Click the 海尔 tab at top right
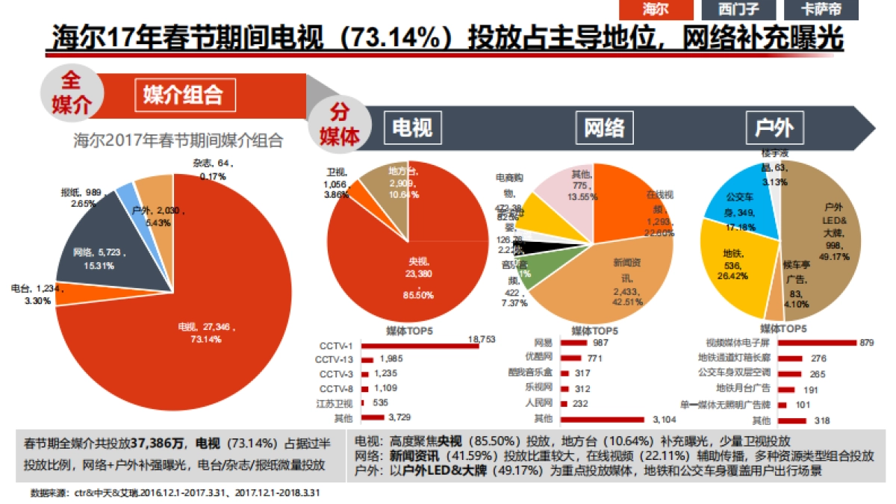656,10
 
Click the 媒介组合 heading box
183,95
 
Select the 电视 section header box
412,128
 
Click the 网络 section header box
604,128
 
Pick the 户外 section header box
774,128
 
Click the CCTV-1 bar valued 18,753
420,346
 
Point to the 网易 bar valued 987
573,343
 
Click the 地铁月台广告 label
743,388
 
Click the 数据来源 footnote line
175,493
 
